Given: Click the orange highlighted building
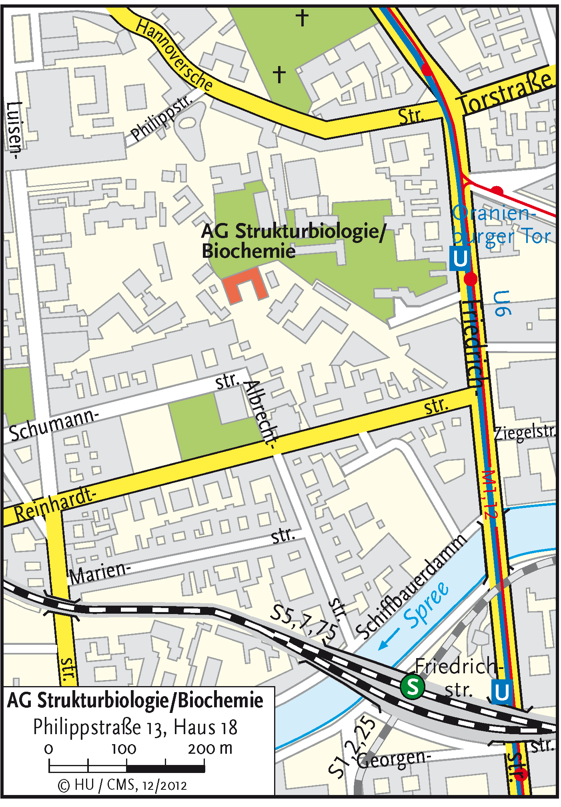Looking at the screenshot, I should click(242, 285).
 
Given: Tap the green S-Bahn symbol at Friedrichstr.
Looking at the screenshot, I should click(412, 687).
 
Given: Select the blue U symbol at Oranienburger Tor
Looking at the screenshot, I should click(459, 259).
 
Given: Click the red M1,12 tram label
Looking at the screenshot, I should click(490, 495).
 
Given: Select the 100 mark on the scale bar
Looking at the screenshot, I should click(124, 749).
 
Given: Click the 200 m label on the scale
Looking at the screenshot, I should click(210, 748).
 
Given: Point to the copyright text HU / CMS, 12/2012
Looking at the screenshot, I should click(123, 785).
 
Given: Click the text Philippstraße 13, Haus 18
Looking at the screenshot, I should click(135, 727).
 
